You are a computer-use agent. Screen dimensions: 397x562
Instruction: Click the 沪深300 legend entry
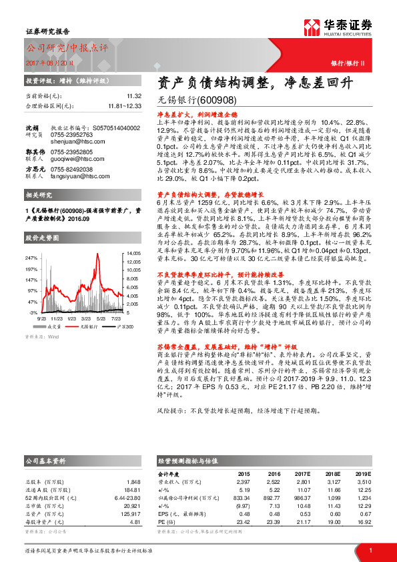[125, 326]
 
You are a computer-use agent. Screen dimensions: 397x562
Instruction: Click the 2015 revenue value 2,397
[243, 481]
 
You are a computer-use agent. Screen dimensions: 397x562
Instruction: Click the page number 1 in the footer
[369, 550]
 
